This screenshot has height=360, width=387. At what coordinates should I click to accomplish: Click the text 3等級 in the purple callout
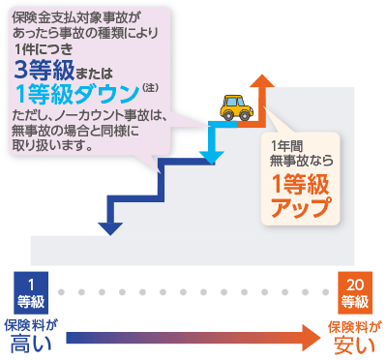coord(43,70)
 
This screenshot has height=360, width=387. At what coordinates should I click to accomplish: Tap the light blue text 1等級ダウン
coord(76,93)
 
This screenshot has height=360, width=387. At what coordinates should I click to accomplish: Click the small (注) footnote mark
coord(149,89)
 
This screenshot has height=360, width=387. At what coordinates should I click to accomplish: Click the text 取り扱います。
coord(52,148)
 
